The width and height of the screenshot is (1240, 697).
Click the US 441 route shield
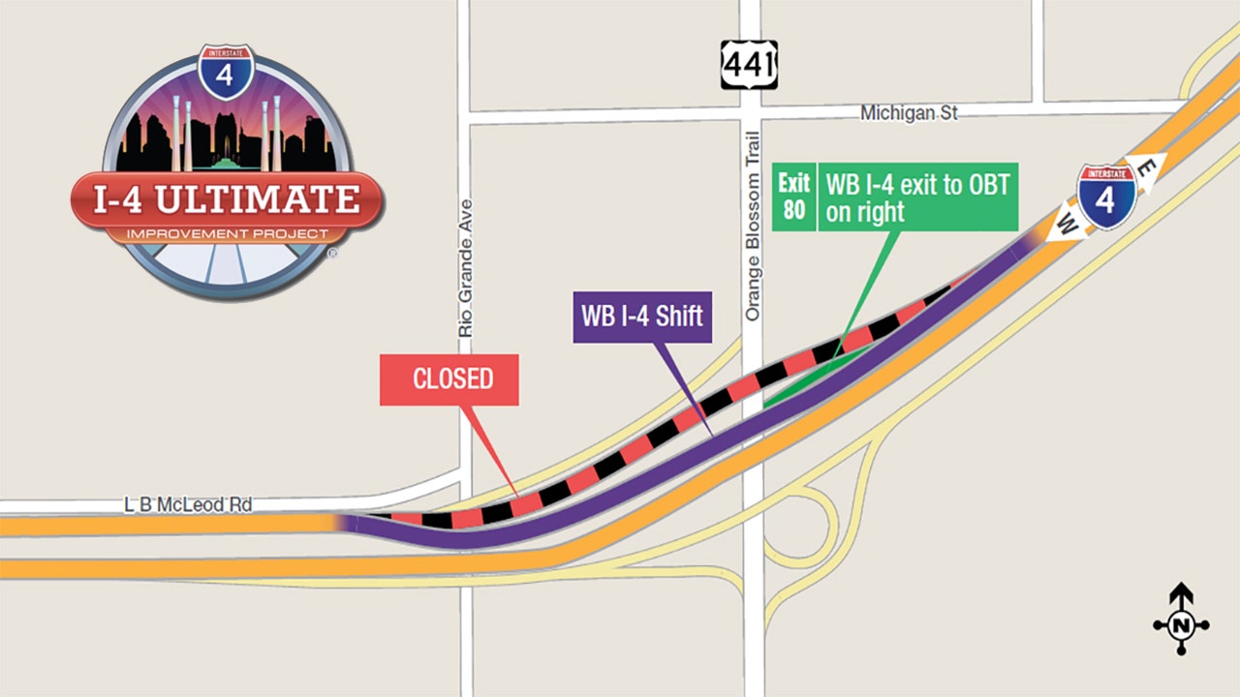tap(749, 65)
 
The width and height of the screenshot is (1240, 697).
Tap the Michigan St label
tap(909, 113)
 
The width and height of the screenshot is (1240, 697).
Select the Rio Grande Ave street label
tap(466, 268)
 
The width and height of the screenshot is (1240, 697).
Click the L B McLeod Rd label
tap(188, 504)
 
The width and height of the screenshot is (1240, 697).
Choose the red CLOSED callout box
tap(449, 379)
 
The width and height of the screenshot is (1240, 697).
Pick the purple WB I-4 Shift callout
tap(642, 316)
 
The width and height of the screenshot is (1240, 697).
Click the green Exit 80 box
tap(794, 197)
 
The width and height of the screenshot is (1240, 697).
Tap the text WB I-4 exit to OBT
tap(916, 197)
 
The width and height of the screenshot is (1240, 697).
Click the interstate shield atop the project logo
tap(225, 70)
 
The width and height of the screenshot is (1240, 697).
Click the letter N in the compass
tap(1181, 626)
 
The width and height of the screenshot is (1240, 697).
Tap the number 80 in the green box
tap(794, 209)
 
